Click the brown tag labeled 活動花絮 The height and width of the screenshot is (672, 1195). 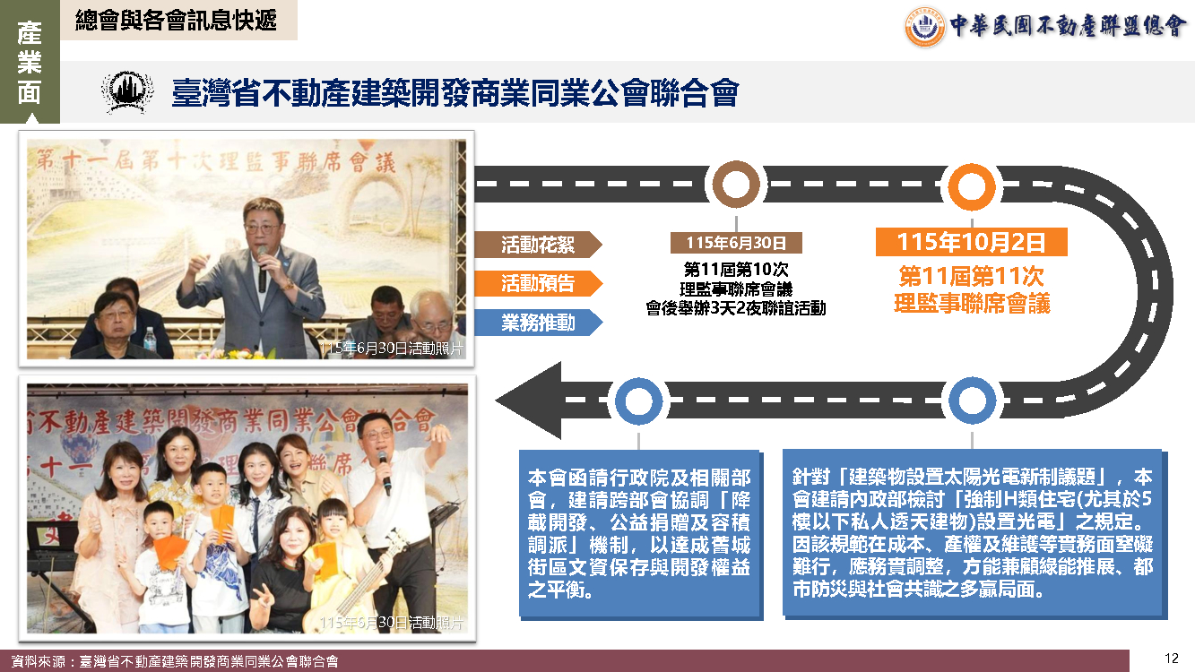click(538, 245)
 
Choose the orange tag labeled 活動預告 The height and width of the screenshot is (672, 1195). click(538, 283)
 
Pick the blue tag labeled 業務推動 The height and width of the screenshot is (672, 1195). click(538, 323)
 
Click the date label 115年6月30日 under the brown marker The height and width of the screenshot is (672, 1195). click(736, 243)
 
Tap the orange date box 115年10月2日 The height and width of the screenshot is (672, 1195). click(972, 242)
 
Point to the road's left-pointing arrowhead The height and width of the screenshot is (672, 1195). click(528, 401)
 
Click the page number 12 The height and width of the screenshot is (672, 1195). click(1172, 659)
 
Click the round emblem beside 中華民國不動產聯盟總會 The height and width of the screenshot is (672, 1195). click(924, 26)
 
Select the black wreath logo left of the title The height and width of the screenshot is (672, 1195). click(127, 91)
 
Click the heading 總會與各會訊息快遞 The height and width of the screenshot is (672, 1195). click(176, 21)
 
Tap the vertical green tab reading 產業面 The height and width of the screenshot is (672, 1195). click(30, 62)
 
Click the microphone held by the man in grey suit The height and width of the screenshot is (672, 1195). click(263, 270)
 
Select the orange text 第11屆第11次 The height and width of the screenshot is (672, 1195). click(972, 276)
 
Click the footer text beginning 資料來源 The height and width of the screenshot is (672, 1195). click(175, 662)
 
